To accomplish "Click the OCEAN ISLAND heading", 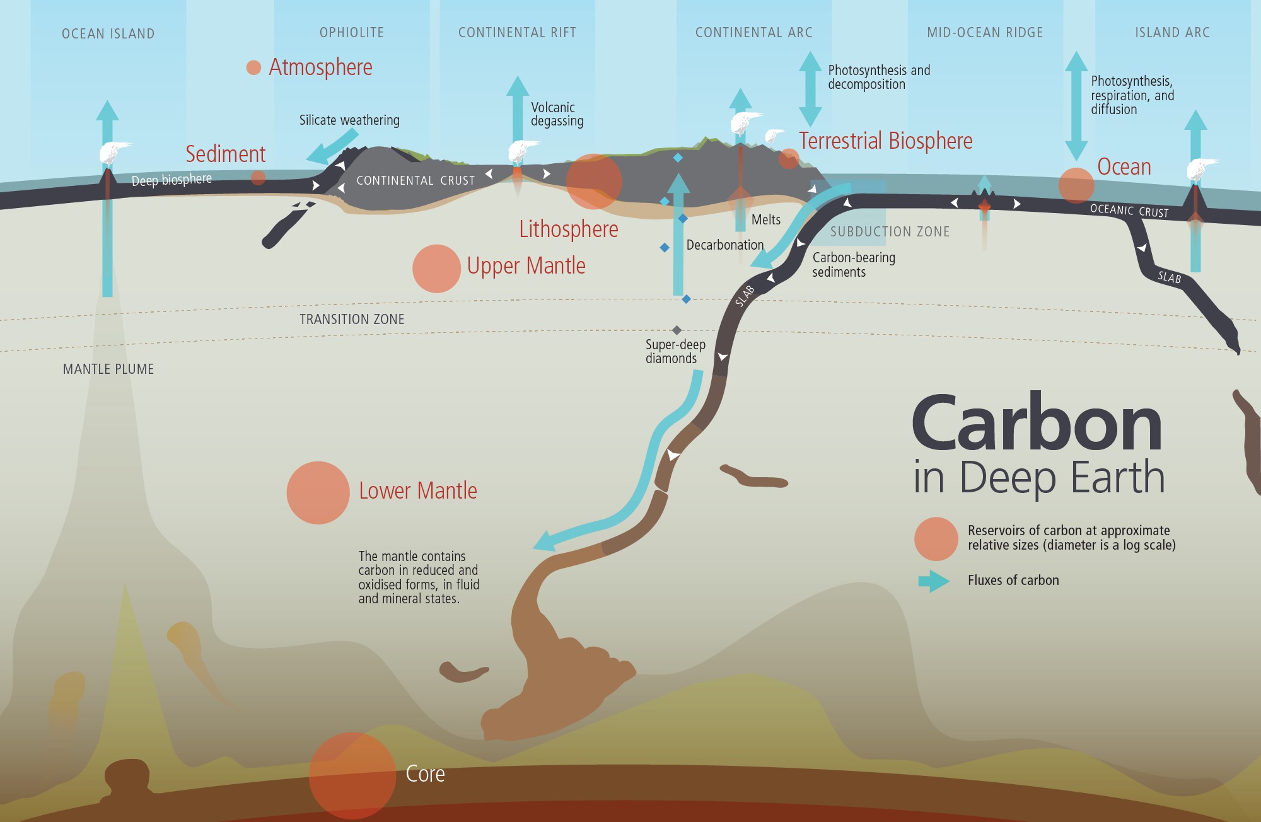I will pyautogui.click(x=108, y=34).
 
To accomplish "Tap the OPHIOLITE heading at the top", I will pyautogui.click(x=351, y=33).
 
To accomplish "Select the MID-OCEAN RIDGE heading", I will pyautogui.click(x=985, y=33).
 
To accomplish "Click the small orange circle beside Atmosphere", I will pyautogui.click(x=253, y=67).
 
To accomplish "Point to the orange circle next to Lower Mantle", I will pyautogui.click(x=318, y=493).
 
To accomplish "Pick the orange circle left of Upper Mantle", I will pyautogui.click(x=436, y=269).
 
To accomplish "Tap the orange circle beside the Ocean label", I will pyautogui.click(x=1076, y=185).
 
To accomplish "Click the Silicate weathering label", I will pyautogui.click(x=349, y=120).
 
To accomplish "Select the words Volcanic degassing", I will pyautogui.click(x=557, y=114).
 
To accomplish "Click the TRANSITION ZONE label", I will pyautogui.click(x=352, y=320).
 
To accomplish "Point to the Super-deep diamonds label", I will pyautogui.click(x=675, y=352).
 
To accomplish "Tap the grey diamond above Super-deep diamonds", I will pyautogui.click(x=677, y=330).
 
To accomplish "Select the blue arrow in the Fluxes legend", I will pyautogui.click(x=934, y=581).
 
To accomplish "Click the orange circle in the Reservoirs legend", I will pyautogui.click(x=936, y=539).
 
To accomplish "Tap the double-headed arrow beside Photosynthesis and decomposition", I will pyautogui.click(x=810, y=89).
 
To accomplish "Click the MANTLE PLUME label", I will pyautogui.click(x=108, y=369).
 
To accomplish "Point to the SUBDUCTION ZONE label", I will pyautogui.click(x=890, y=232).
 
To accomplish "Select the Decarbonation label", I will pyautogui.click(x=724, y=245).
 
